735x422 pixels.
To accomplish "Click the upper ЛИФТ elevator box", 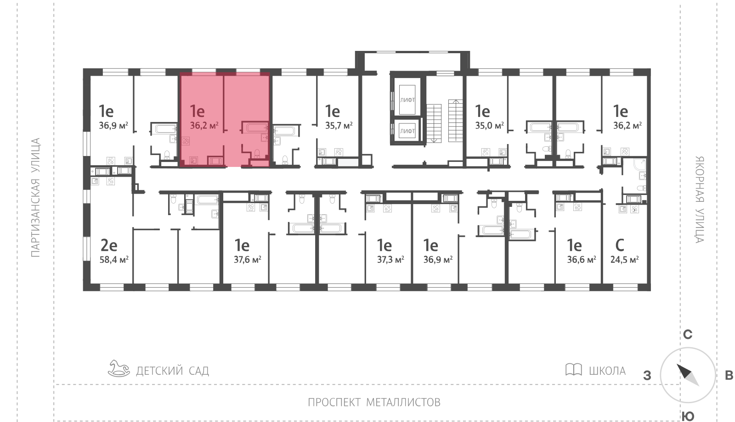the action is pos(407,100).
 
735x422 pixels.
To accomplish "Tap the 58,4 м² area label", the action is pos(114,260).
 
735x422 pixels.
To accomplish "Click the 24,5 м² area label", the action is pos(624,260).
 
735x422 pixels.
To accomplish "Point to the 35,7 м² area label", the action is pos(339,126).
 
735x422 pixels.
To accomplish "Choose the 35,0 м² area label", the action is pos(490,126).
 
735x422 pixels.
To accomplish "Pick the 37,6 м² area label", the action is pos(248,260).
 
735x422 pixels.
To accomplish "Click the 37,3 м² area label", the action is pos(390,260).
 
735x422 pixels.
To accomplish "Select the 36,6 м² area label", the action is pos(582,260).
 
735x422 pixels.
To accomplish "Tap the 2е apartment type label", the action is pos(108,245).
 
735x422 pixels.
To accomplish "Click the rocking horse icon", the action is pos(119,368).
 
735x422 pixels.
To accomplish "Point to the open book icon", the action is pos(574,369).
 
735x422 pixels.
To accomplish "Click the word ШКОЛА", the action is pos(607,371).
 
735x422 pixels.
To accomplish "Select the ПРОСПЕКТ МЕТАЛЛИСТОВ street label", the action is pos(374,402).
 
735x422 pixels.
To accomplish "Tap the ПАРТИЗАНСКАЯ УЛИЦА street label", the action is pos(35,198).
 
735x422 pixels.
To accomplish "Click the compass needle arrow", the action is pos(688,375).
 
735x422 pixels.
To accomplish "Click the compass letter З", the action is pos(647,376).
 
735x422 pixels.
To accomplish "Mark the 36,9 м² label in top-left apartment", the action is pos(113,126).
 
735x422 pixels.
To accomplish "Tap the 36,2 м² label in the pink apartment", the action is pos(204,126).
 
